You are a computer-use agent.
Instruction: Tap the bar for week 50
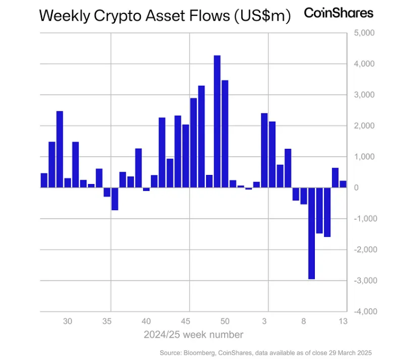[225, 134]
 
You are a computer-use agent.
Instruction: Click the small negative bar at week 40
[146, 189]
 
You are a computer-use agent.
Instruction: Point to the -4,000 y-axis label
[365, 311]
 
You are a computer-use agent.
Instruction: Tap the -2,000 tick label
[365, 250]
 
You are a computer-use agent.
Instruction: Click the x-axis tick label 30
[68, 322]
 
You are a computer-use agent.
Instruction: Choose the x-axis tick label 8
[304, 322]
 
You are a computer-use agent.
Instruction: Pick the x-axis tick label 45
[186, 322]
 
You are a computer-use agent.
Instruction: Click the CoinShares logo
[338, 13]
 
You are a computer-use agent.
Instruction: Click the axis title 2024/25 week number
[193, 335]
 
